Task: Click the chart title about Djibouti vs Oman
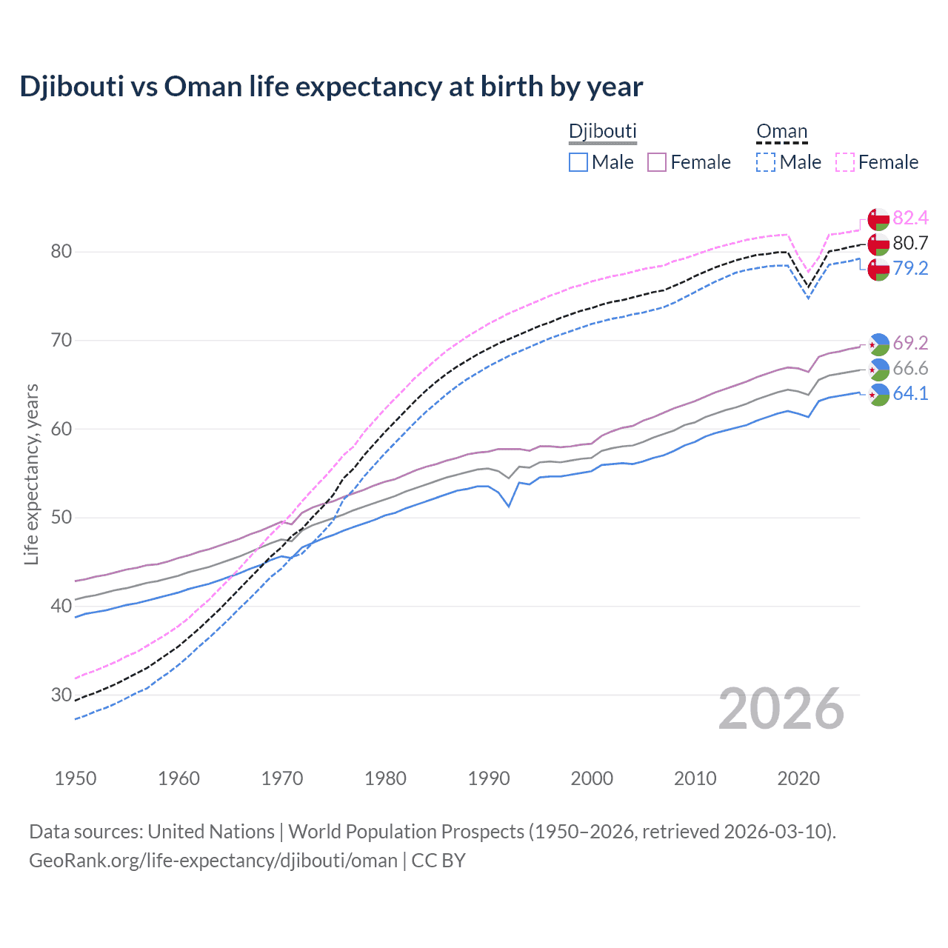(x=331, y=87)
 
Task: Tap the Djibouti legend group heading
(x=602, y=131)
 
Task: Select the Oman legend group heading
(x=781, y=131)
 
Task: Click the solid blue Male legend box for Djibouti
(x=578, y=162)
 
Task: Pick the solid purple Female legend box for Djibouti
(x=657, y=162)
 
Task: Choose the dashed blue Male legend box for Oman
(x=766, y=162)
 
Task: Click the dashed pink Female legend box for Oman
(x=845, y=162)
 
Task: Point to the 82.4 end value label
(x=910, y=218)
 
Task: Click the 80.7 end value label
(x=910, y=243)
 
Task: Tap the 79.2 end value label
(x=910, y=268)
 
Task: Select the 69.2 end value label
(x=910, y=343)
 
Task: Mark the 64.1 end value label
(x=910, y=393)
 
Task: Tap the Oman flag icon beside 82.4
(x=878, y=219)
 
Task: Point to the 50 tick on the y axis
(x=61, y=518)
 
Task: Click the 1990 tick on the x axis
(x=489, y=778)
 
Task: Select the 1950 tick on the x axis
(x=76, y=778)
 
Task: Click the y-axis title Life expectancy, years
(x=32, y=474)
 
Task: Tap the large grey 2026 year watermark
(x=781, y=709)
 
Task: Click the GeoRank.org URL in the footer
(x=213, y=861)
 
